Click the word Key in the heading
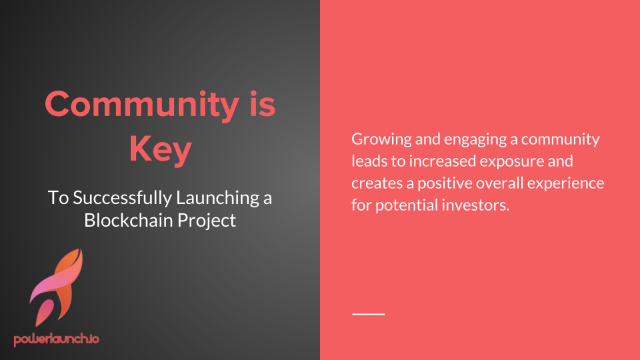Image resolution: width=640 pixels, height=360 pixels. tap(161, 150)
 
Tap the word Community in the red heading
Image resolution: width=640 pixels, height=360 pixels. tap(142, 105)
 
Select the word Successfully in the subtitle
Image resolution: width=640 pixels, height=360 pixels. tap(123, 198)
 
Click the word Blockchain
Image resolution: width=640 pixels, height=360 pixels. tap(129, 221)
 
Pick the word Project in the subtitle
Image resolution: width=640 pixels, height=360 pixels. tap(207, 221)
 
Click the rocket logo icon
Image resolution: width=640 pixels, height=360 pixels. tap(56, 287)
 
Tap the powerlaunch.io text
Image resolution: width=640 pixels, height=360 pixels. tap(56, 339)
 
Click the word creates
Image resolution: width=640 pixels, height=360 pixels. tap(377, 183)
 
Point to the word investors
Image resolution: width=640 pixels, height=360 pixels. tap(475, 205)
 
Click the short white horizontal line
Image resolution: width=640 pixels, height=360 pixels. tap(369, 314)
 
